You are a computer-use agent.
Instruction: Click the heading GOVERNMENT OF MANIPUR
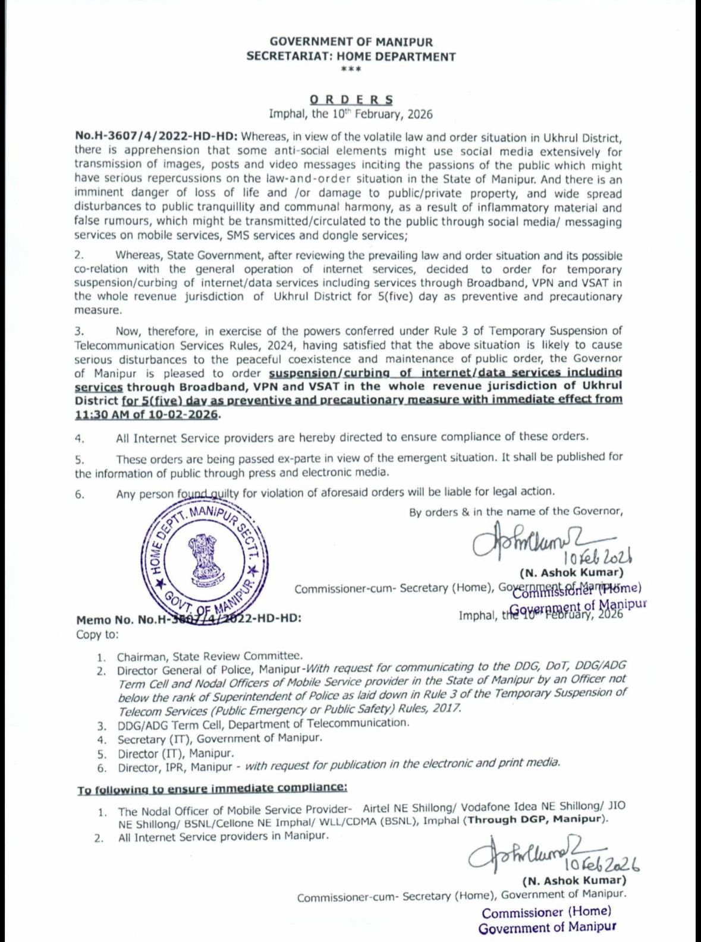pyautogui.click(x=351, y=42)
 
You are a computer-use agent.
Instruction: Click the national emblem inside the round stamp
pyautogui.click(x=205, y=558)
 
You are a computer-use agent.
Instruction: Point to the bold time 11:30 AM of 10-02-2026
pyautogui.click(x=147, y=414)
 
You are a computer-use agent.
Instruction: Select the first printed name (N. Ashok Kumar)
pyautogui.click(x=571, y=574)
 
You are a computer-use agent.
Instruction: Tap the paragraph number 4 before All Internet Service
pyautogui.click(x=79, y=439)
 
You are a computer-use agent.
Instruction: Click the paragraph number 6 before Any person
pyautogui.click(x=79, y=494)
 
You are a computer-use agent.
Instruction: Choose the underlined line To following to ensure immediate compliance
pyautogui.click(x=212, y=789)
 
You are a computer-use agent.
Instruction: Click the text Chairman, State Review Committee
pyautogui.click(x=209, y=657)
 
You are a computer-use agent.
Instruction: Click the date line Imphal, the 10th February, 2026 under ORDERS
pyautogui.click(x=351, y=114)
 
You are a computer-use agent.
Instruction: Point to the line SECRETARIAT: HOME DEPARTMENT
pyautogui.click(x=351, y=57)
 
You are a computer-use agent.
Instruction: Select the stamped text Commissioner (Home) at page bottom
pyautogui.click(x=546, y=912)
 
